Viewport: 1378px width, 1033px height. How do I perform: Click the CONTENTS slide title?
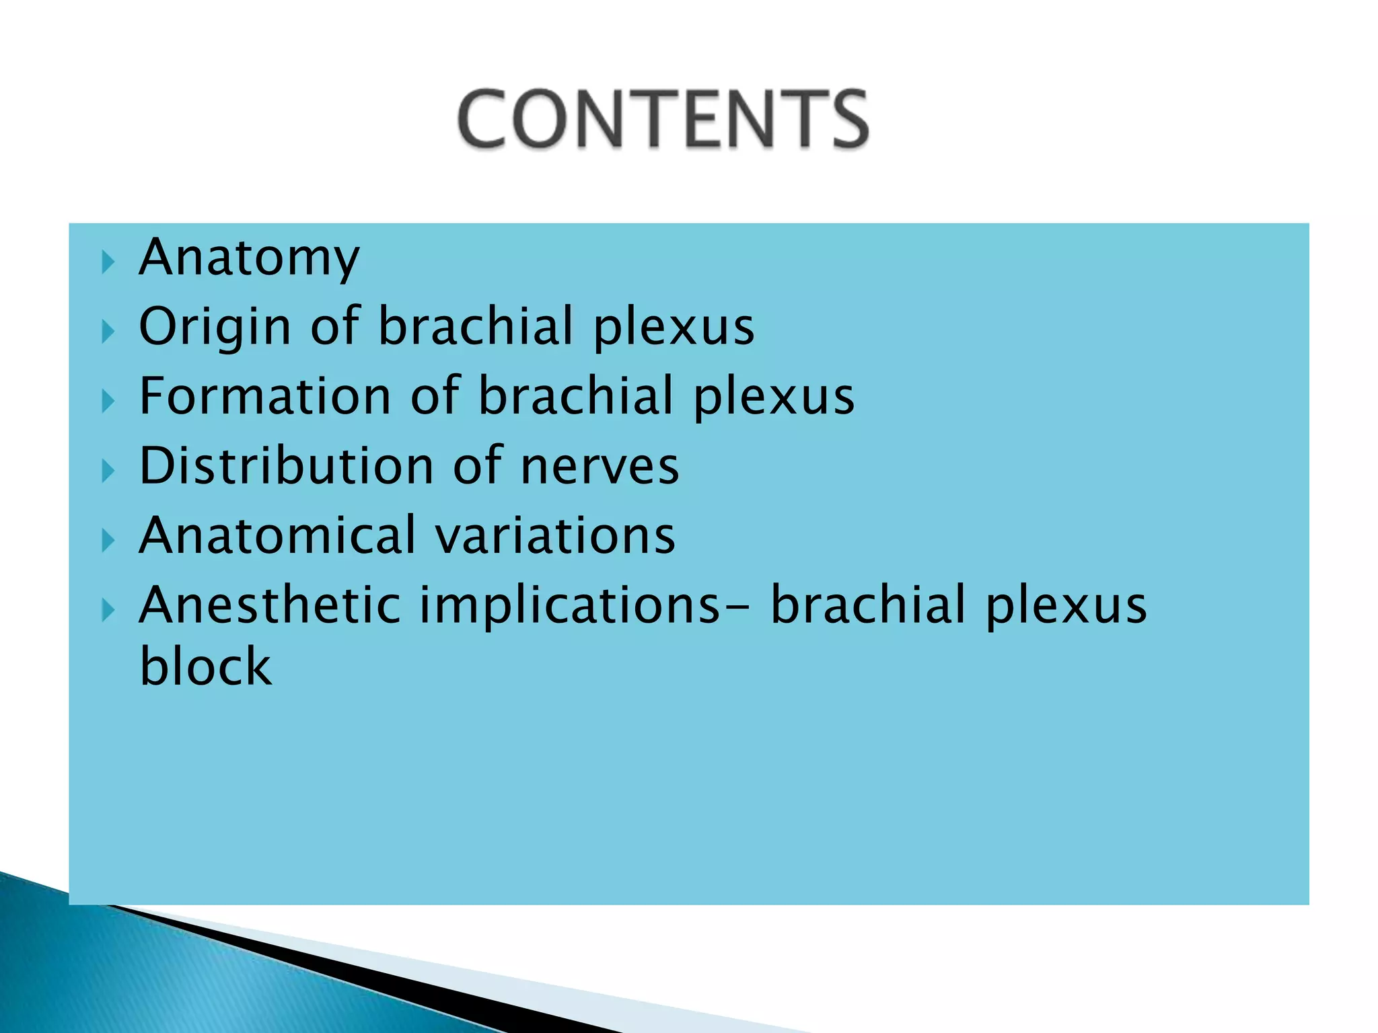[x=663, y=119]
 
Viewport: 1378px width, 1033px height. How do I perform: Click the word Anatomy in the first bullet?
[x=249, y=258]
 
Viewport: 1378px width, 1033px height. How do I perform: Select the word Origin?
[x=214, y=328]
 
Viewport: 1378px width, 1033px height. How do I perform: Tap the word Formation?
[x=264, y=396]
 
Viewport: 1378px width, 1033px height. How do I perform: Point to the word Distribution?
[x=286, y=466]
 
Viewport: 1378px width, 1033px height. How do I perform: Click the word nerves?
[x=600, y=467]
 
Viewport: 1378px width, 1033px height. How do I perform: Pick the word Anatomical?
[x=277, y=535]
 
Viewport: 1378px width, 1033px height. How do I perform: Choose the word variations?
[x=555, y=536]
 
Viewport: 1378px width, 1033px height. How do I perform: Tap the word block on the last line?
[x=206, y=666]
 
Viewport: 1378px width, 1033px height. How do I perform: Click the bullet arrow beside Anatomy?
[x=108, y=262]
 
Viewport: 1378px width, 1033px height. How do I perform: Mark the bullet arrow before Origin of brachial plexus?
[x=108, y=331]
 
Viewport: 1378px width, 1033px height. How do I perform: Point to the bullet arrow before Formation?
[x=108, y=401]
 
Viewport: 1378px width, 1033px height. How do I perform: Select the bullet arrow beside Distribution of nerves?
[x=108, y=471]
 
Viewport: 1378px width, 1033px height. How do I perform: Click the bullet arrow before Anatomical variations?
[x=108, y=540]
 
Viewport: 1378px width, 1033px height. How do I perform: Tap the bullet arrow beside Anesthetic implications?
[x=108, y=610]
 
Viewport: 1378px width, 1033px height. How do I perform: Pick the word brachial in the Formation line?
[x=576, y=396]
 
